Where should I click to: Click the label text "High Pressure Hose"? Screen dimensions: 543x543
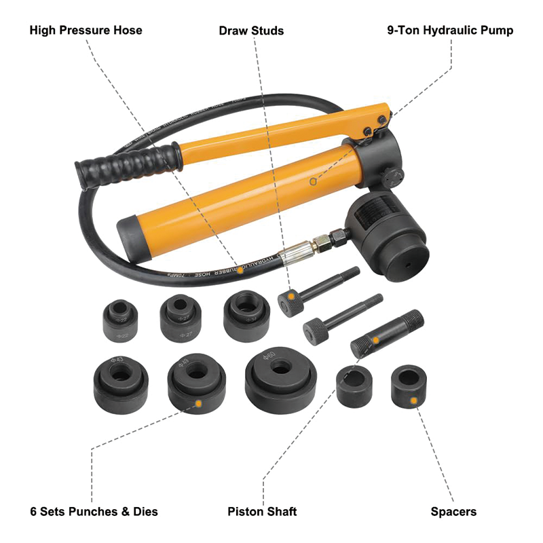86,31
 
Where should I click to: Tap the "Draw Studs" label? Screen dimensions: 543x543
251,31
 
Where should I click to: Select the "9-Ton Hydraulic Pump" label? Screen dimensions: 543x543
450,31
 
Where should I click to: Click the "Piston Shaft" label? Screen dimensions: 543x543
262,511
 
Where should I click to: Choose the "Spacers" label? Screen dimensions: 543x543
453,511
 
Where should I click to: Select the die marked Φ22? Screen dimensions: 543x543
120,319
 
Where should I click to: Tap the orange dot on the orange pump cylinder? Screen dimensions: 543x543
313,181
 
